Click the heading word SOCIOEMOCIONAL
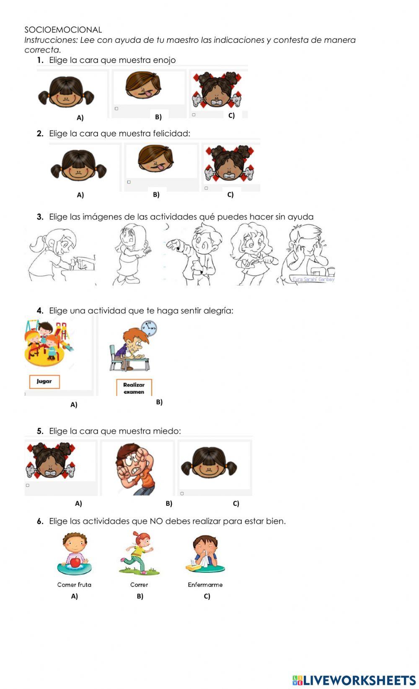pyautogui.click(x=63, y=30)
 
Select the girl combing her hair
pyautogui.click(x=131, y=255)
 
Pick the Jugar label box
pyautogui.click(x=44, y=382)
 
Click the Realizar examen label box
pyautogui.click(x=134, y=388)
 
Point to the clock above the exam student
pyautogui.click(x=149, y=328)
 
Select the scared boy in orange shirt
pyautogui.click(x=136, y=469)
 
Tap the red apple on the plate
pyautogui.click(x=75, y=562)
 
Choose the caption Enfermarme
pyautogui.click(x=205, y=585)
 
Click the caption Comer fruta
pyautogui.click(x=74, y=585)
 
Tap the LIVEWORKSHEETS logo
pyautogui.click(x=354, y=680)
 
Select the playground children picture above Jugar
pyautogui.click(x=48, y=342)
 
